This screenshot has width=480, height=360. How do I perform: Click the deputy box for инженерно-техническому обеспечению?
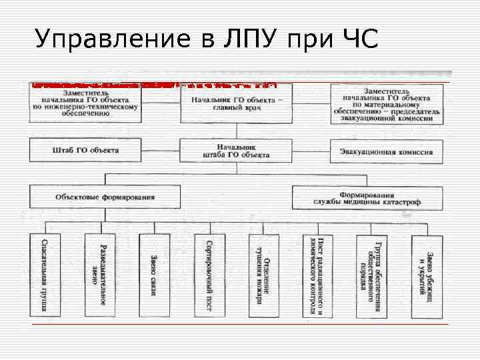(85, 104)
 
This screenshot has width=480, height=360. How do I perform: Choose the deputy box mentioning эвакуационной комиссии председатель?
(386, 104)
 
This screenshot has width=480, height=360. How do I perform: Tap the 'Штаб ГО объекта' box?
(85, 151)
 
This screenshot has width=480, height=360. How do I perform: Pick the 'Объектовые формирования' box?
(105, 197)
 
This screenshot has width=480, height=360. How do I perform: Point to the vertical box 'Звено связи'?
(154, 275)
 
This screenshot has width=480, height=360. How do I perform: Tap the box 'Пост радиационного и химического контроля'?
(317, 275)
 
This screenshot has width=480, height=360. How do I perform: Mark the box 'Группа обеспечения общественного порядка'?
(372, 275)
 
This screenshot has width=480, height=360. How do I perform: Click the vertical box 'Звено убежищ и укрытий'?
(427, 275)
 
